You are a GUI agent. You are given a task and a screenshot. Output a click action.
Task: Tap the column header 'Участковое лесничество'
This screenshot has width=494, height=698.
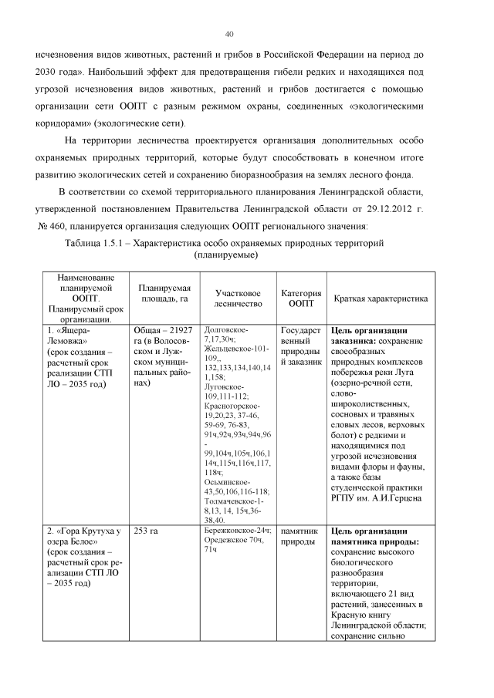(x=238, y=298)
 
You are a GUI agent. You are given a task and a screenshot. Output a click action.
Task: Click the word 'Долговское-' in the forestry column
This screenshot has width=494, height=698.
(x=226, y=330)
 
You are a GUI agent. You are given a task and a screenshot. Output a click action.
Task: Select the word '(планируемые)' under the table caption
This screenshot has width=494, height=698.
(x=226, y=255)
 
